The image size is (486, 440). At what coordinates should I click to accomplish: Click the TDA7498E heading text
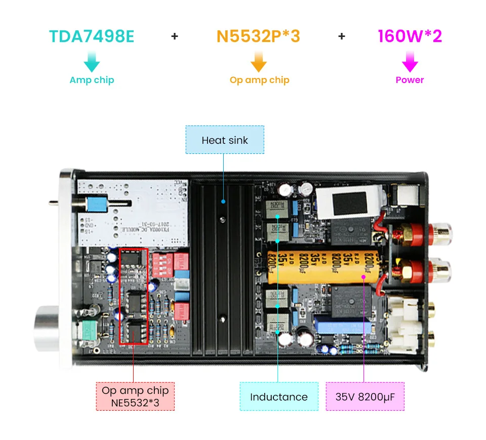coord(92,36)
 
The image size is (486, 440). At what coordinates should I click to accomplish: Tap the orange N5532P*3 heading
coord(258,36)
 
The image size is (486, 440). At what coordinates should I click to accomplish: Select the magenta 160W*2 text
coord(410,36)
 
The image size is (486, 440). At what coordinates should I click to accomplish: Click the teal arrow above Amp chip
coord(92,62)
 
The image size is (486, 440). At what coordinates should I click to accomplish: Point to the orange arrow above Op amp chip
coord(259,62)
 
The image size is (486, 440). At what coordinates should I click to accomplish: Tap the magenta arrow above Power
coord(410,62)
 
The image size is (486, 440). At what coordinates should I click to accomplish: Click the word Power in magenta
coord(410,80)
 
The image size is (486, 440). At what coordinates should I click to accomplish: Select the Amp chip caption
coord(92,80)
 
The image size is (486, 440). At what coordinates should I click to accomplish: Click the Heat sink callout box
coord(225,140)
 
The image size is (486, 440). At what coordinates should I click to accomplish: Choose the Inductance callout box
coord(278,396)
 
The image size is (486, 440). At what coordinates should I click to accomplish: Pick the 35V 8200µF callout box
coord(364,396)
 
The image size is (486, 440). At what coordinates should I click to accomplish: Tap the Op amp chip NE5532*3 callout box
coord(135,396)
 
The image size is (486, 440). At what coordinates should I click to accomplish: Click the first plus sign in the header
coord(175,36)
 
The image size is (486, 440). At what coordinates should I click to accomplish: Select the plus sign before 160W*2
coord(342,36)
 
